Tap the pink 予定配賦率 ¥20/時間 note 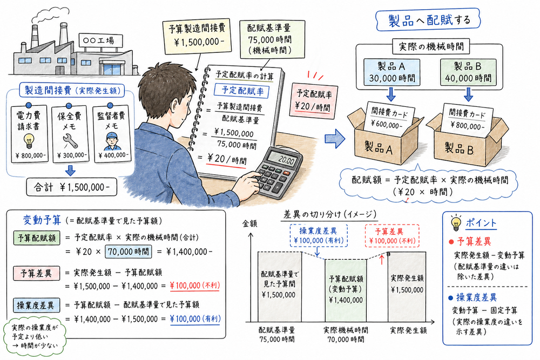coord(312,99)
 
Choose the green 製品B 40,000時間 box coord(468,71)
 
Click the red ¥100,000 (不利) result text coord(194,286)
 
